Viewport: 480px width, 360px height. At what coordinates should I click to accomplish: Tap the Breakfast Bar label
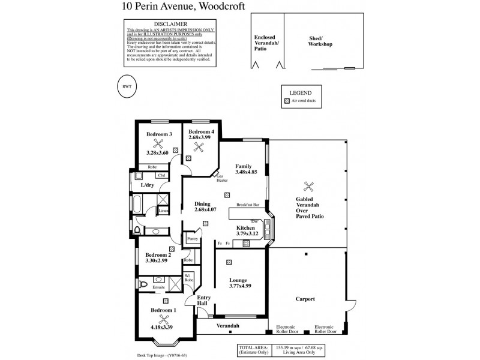pyautogui.click(x=247, y=204)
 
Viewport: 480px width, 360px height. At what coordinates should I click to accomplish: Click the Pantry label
pyautogui.click(x=192, y=238)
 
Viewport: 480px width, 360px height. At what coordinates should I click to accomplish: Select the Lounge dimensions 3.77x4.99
pyautogui.click(x=239, y=286)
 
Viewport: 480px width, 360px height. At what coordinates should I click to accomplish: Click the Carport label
pyautogui.click(x=306, y=299)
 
